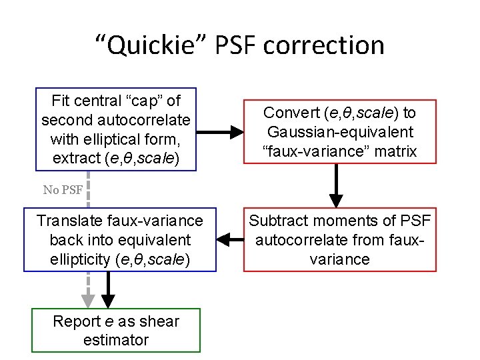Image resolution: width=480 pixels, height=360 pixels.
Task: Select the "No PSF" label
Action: coord(63,189)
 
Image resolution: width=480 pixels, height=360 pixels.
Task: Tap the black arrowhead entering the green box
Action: coord(107,300)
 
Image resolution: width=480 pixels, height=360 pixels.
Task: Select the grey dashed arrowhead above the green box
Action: coord(87,301)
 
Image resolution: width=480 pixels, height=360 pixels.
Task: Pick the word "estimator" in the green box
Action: coord(116,340)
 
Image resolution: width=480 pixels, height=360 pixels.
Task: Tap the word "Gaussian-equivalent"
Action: coord(340,132)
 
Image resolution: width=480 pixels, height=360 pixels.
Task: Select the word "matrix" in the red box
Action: coord(393,151)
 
